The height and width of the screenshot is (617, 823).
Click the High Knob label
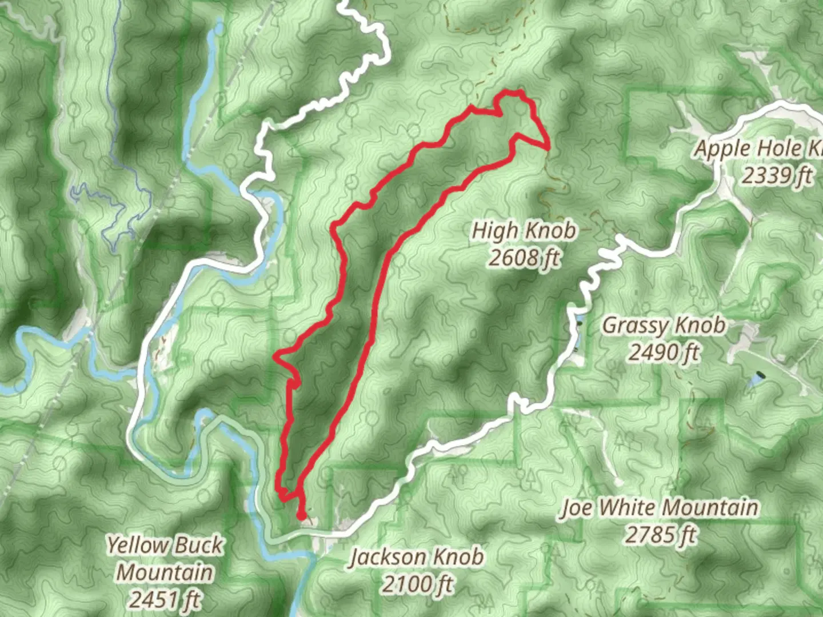coord(524,231)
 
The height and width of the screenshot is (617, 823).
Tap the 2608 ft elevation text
coord(524,258)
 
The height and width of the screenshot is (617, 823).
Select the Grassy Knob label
coord(664,326)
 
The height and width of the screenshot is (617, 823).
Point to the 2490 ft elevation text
coord(664,352)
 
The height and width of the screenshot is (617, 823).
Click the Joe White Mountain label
coord(660,508)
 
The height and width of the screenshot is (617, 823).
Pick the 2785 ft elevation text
coord(660,535)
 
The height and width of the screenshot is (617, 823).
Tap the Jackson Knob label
coord(417,557)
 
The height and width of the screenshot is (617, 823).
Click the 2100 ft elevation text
coord(417,584)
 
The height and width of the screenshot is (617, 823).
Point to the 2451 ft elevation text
coord(165,599)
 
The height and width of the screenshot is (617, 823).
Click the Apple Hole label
coord(757,149)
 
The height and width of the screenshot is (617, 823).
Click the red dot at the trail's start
coord(301,516)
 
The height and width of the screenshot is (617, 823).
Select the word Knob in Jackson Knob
coord(457,557)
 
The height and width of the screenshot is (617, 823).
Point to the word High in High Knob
coord(496,231)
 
